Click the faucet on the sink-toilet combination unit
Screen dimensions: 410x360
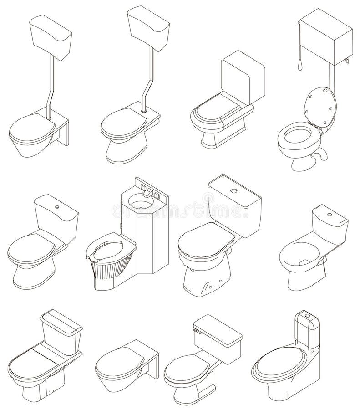tap(147, 193)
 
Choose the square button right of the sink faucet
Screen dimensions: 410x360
tap(157, 195)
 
